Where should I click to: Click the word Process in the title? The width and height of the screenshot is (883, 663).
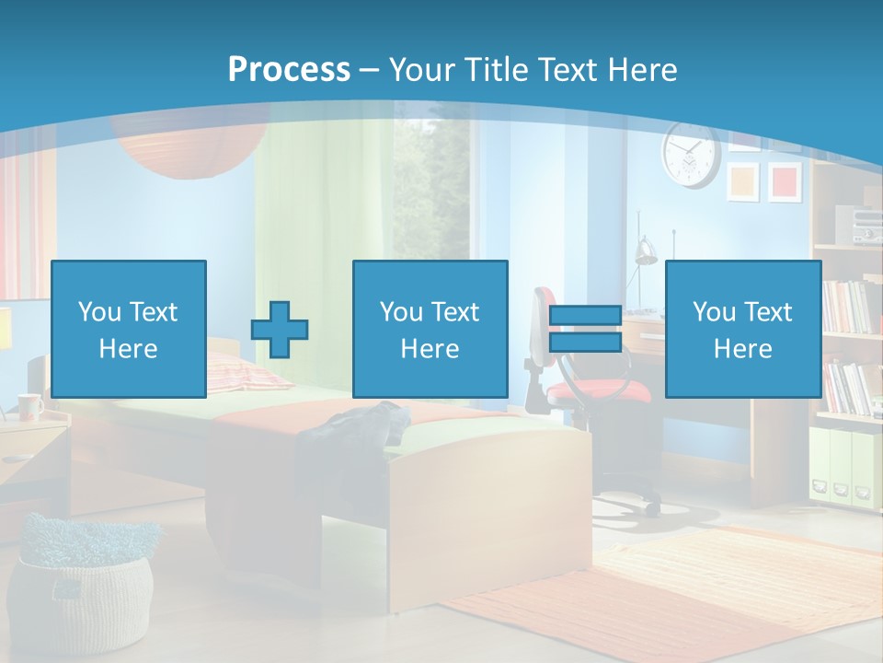click(x=289, y=69)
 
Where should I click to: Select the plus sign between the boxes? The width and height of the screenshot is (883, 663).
click(x=280, y=330)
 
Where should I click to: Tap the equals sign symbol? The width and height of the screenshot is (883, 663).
click(x=585, y=329)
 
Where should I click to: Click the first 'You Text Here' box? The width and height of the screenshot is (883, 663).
click(x=129, y=329)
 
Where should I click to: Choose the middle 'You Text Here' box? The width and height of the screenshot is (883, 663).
click(x=430, y=329)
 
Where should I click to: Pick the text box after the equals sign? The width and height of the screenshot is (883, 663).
click(x=742, y=329)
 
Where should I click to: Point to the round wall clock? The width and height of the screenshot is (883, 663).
click(x=690, y=155)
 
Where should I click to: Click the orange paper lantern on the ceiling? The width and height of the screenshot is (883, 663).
click(x=184, y=147)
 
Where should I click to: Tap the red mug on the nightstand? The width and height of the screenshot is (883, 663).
click(x=29, y=406)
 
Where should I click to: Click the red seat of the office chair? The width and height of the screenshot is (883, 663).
click(x=598, y=391)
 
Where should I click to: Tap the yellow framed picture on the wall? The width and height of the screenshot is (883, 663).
click(x=743, y=181)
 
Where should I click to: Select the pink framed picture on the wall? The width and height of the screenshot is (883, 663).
click(x=785, y=180)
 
